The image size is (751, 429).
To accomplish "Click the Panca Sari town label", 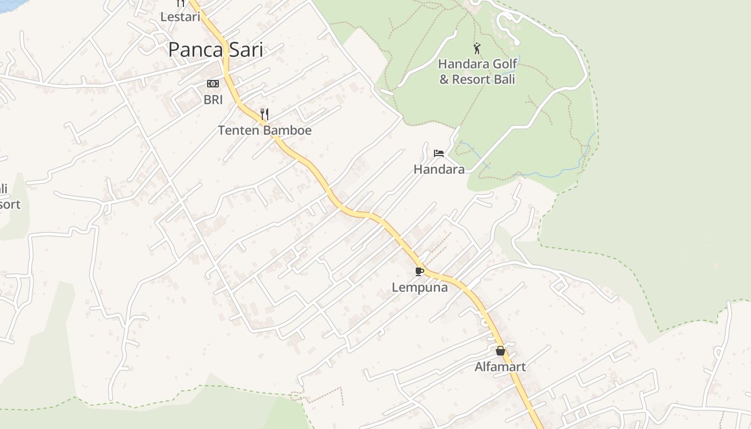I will pos(216,50).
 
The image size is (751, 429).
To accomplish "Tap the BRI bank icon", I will pos(213,84).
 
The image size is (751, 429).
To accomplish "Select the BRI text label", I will pos(213,99).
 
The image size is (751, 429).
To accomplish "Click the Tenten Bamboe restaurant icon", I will pos(264,114).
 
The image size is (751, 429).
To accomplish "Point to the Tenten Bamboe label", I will pos(264,130).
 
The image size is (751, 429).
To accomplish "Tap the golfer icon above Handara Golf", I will pos(477,48).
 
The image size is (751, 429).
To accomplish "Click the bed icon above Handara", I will pos(439,153).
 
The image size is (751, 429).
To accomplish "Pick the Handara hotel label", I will pos(439,169).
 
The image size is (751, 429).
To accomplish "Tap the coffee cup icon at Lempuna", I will pos(419,271).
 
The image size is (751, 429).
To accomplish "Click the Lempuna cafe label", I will pos(419,287).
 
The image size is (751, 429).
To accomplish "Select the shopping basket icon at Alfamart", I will pos(500,351).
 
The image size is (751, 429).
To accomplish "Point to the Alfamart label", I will pos(500,367).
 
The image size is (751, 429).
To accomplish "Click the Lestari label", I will pos(180,17).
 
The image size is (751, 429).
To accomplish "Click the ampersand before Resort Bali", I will pos(444,79).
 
